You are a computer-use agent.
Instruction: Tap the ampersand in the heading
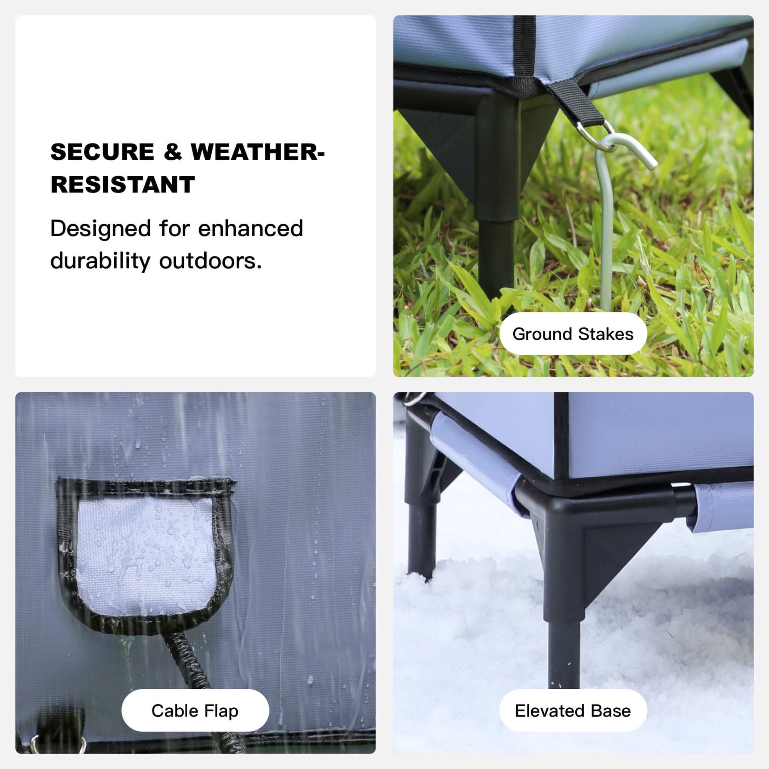click(x=172, y=152)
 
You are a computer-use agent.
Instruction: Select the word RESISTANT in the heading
click(x=123, y=185)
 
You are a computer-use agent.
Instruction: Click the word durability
click(x=100, y=261)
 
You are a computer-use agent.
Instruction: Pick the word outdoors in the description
click(x=211, y=261)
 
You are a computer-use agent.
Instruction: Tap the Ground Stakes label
click(x=573, y=334)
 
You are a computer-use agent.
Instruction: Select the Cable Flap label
click(x=195, y=711)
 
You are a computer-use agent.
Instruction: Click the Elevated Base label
click(x=573, y=711)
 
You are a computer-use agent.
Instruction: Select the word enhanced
click(x=251, y=228)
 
